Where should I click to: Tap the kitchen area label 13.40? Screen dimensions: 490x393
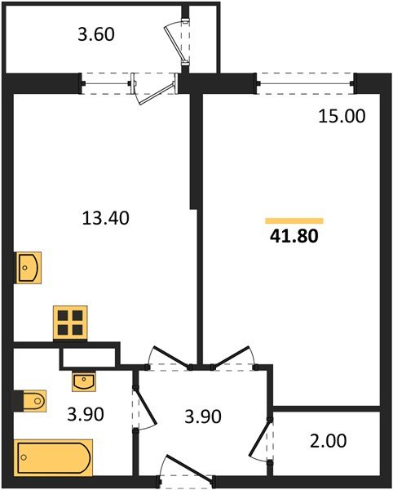point(107,218)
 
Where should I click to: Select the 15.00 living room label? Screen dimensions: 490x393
point(342,116)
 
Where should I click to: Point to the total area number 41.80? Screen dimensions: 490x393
point(293,238)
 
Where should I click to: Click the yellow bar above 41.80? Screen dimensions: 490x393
point(294,220)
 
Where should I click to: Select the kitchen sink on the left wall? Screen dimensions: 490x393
point(29,267)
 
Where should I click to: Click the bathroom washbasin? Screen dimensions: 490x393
point(83,380)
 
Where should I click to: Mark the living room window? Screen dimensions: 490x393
point(307,80)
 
